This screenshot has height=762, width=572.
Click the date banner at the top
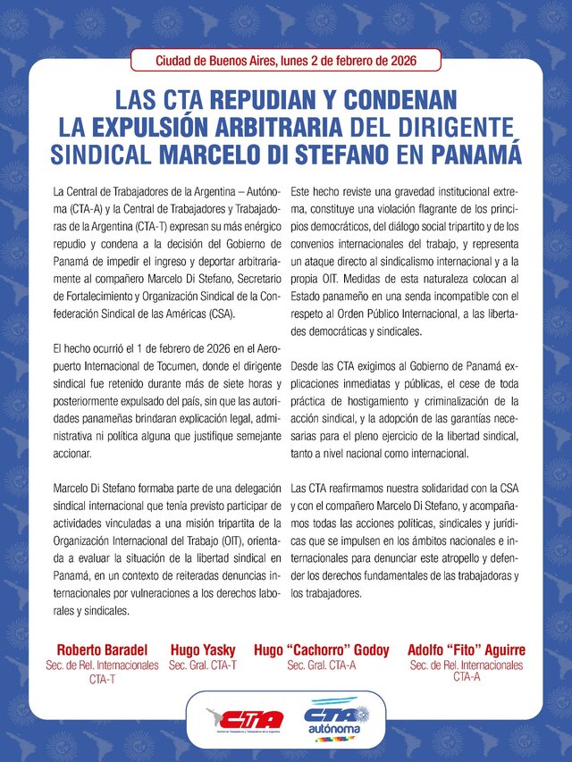coord(286,61)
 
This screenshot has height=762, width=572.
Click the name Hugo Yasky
coord(203,649)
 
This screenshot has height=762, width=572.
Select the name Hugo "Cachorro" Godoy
coord(322,649)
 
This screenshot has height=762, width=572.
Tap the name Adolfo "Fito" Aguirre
coord(466,649)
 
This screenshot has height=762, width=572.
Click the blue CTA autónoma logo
coord(336,719)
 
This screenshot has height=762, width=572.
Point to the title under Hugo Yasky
coord(203,665)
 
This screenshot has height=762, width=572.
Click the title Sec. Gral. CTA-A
coord(322,665)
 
